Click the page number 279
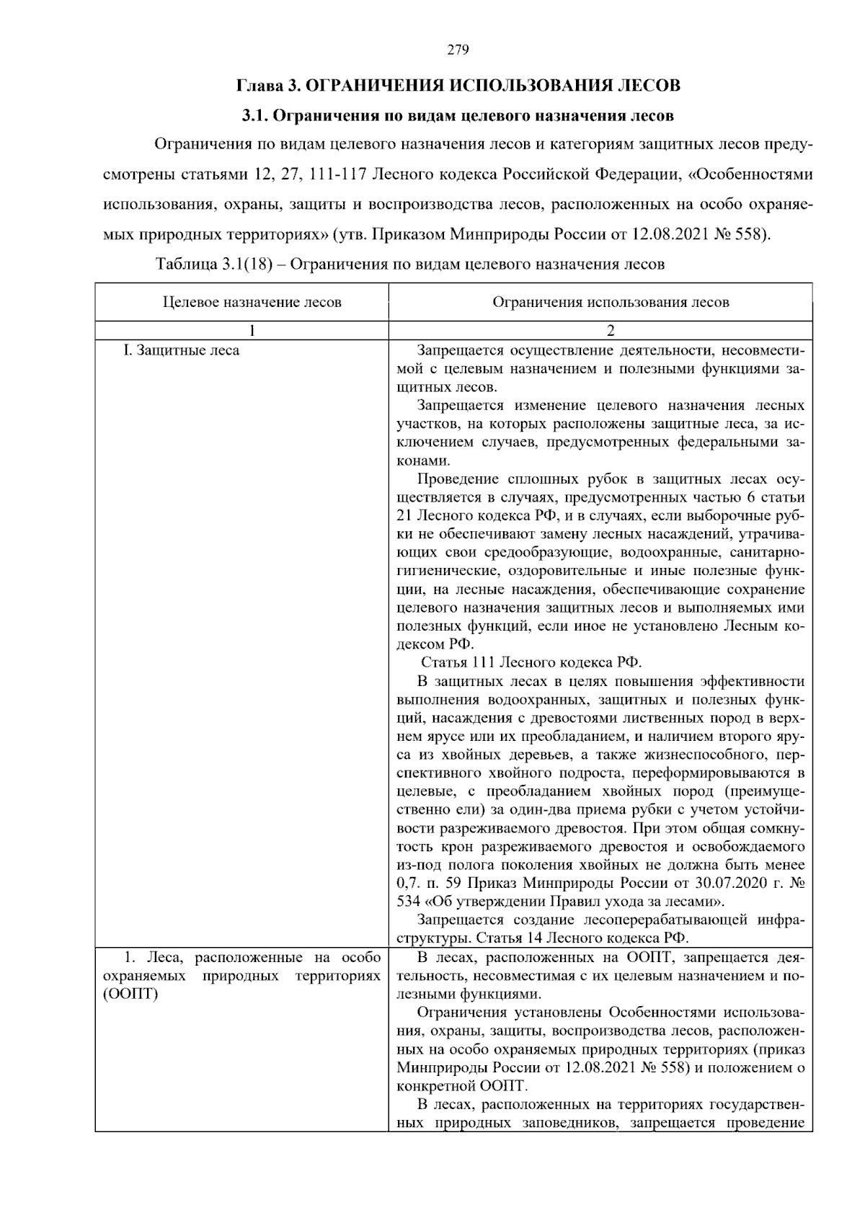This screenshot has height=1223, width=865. tap(458, 50)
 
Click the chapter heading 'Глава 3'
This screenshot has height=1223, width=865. tap(267, 86)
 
